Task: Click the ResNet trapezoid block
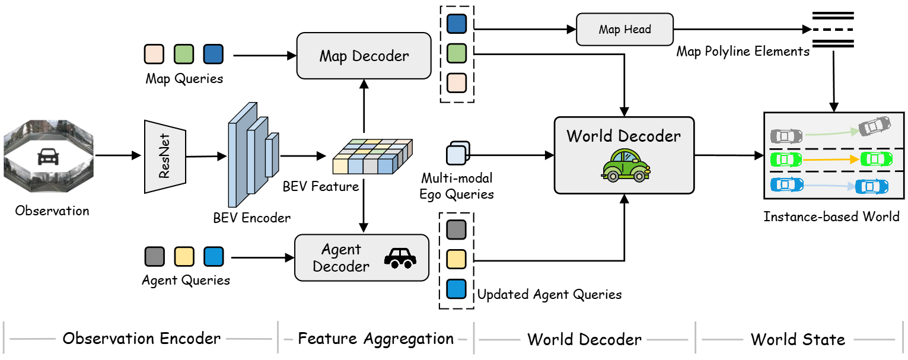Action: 165,157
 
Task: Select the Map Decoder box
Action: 364,56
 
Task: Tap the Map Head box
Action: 625,30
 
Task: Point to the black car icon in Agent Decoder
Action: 400,257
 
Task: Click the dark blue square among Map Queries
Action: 213,54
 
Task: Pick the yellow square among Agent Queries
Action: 184,257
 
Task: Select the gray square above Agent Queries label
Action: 155,257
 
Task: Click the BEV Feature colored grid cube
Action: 372,156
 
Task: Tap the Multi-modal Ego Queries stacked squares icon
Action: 457,153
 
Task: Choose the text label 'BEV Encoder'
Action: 252,218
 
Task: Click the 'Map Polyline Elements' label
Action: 743,52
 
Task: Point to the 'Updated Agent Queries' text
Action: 549,294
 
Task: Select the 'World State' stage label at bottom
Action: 798,339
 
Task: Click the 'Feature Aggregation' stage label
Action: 375,339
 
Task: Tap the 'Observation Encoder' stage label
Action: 142,339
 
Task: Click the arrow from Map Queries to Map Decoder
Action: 265,56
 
